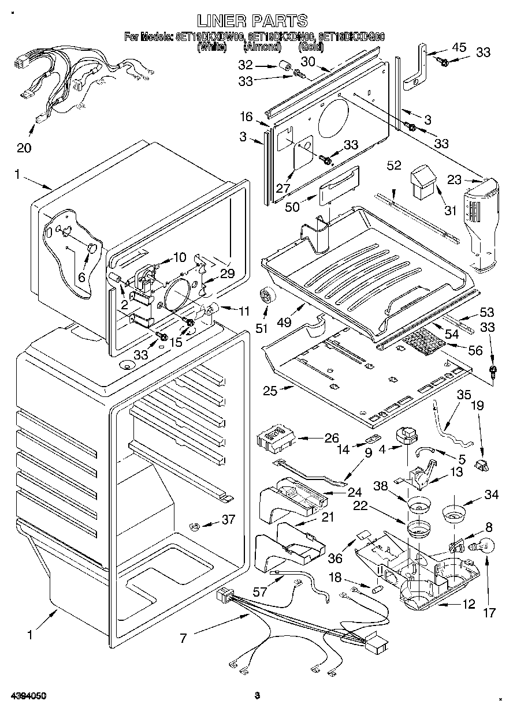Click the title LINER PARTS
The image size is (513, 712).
252,21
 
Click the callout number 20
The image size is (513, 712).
24,148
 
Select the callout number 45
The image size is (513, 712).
459,48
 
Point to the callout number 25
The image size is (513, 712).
270,391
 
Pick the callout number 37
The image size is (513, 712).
229,519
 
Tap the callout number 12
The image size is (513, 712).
469,604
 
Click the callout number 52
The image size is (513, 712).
394,166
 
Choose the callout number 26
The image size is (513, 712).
332,438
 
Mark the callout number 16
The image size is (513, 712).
247,117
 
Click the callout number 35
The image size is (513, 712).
464,396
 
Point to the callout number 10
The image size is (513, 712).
180,257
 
